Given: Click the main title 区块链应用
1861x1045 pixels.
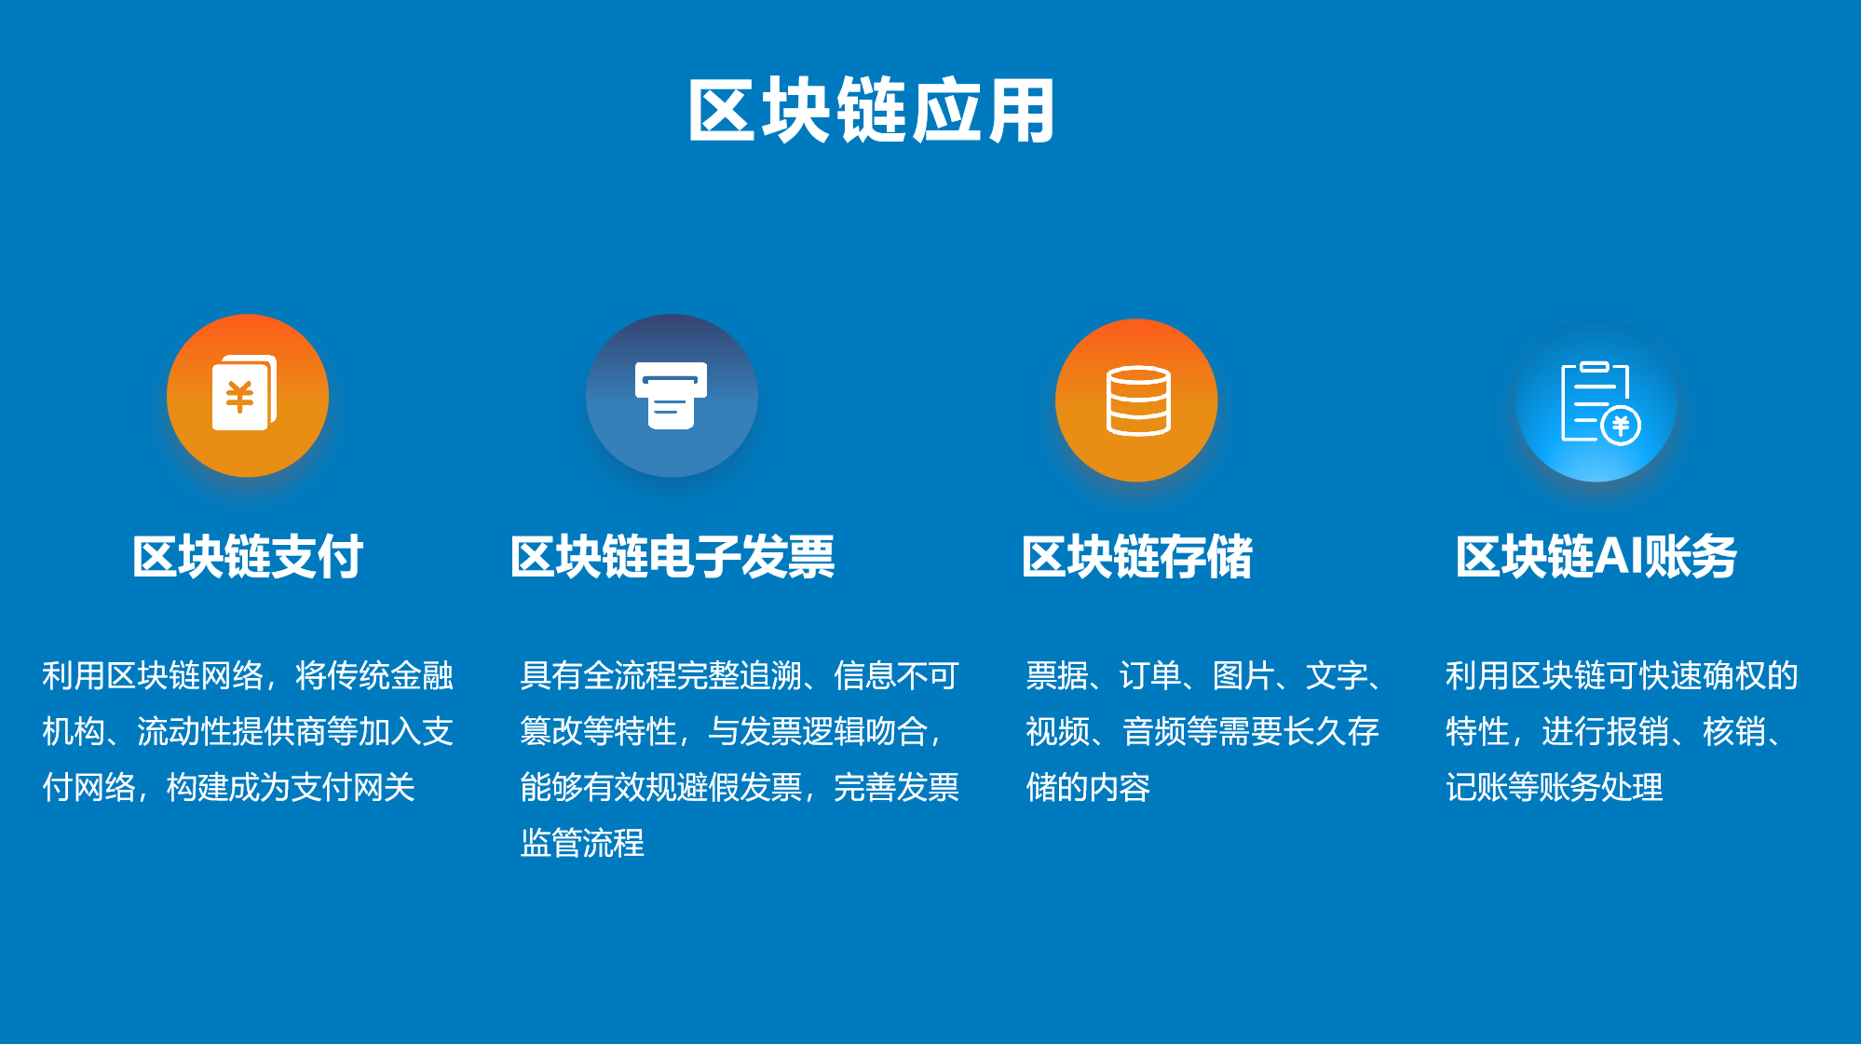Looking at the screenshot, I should pos(871,111).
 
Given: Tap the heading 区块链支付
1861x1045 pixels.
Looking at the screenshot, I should pos(248,557).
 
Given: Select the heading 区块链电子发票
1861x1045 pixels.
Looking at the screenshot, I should pos(672,557).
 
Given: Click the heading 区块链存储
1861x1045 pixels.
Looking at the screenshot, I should pos(1136,557).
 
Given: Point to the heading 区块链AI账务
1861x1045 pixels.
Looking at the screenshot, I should pos(1596,557).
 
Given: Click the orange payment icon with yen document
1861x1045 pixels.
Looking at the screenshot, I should pos(248,396).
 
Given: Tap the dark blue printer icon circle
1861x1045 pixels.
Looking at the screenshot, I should pos(672,396).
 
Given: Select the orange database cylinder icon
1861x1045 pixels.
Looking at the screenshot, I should pos(1136,400).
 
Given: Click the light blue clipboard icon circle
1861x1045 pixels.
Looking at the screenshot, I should pos(1596,400).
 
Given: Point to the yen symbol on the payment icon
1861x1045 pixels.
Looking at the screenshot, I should pos(239,397).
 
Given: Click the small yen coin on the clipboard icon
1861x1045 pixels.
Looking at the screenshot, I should pos(1621,427).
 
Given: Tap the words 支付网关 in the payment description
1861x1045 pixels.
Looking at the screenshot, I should pos(353,788).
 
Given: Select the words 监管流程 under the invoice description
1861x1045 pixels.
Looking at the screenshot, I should pos(582,844).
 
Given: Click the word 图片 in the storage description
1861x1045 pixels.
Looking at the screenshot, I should pos(1243,676).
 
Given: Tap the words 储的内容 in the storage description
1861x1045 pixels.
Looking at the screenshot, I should pos(1088,788).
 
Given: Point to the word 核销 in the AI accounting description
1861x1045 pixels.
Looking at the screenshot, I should pos(1733,732).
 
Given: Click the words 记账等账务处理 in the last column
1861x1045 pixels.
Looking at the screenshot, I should pos(1554,788).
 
